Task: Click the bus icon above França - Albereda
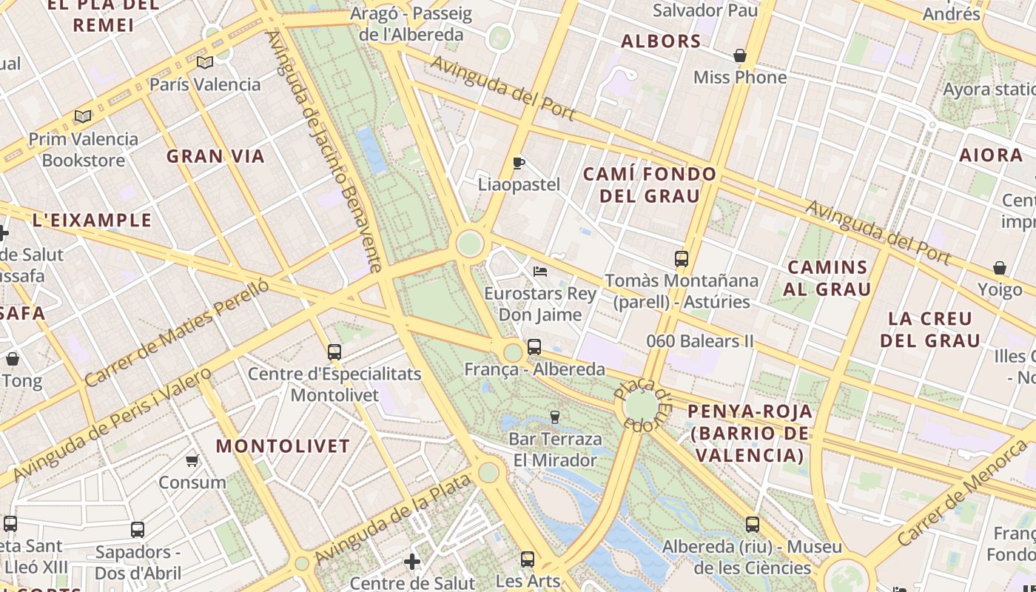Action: (534, 346)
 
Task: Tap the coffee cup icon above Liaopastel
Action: (519, 163)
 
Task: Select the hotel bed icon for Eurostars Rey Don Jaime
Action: (540, 272)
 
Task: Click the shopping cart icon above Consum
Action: (192, 461)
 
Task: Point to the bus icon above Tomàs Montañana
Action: (682, 259)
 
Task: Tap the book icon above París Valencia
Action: (205, 63)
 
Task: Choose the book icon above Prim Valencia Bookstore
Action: (83, 117)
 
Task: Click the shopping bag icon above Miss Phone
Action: (739, 55)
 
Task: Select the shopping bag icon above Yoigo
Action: (1000, 268)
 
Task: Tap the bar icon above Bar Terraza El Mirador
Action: (555, 417)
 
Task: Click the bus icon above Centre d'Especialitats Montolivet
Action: (334, 352)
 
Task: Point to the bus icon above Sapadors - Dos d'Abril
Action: (138, 530)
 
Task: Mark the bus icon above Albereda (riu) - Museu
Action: (753, 525)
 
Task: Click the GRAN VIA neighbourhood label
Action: (215, 156)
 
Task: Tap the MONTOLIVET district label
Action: (283, 446)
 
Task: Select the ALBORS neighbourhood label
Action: (661, 41)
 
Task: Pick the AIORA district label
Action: (990, 155)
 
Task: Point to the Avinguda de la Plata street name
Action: (393, 519)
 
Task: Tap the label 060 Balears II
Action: (700, 341)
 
